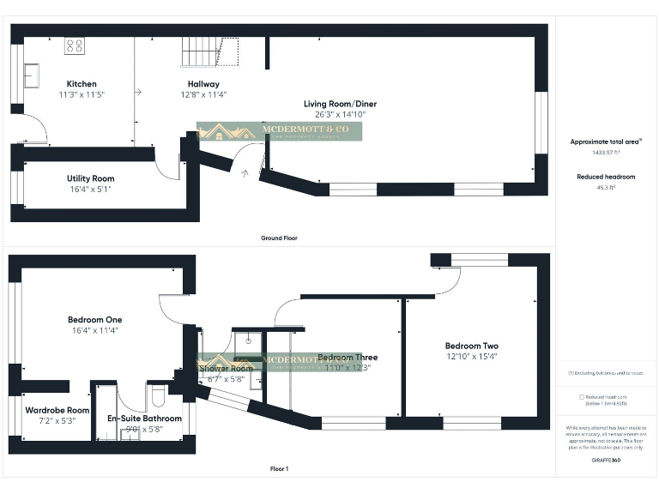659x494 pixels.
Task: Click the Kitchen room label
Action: pos(82,84)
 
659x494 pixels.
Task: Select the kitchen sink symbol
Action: pos(31,76)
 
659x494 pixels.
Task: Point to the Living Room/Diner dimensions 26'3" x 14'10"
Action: pos(340,114)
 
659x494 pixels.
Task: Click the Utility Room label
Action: pos(90,178)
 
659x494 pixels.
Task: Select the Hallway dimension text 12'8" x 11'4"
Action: pos(203,95)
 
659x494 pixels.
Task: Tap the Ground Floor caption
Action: pos(279,238)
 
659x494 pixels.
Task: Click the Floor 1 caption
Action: pos(279,469)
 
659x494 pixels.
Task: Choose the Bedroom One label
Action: pos(95,320)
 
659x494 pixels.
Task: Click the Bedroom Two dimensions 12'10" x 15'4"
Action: pos(471,356)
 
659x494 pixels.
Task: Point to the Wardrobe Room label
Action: pos(57,410)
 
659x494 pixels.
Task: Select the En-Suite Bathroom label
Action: pos(144,419)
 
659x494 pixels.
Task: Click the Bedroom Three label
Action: pos(348,358)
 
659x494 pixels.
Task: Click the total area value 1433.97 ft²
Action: pos(606,152)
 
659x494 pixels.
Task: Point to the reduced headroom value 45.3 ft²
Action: pos(606,186)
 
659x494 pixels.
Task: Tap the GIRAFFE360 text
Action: pos(606,461)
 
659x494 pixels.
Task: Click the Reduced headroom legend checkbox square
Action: pos(583,397)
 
